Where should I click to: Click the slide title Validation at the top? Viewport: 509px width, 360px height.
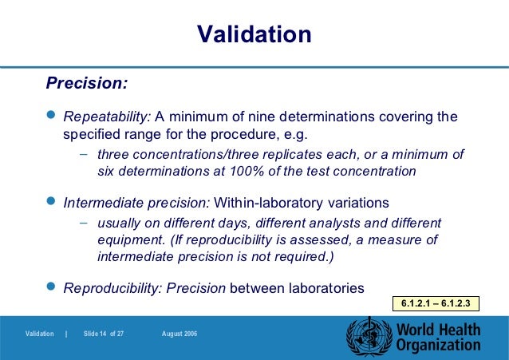pyautogui.click(x=254, y=34)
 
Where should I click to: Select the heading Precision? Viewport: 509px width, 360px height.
pyautogui.click(x=87, y=83)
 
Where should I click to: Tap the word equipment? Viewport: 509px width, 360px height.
pyautogui.click(x=126, y=240)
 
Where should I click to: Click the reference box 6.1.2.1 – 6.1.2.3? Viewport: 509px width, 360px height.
pyautogui.click(x=436, y=303)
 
